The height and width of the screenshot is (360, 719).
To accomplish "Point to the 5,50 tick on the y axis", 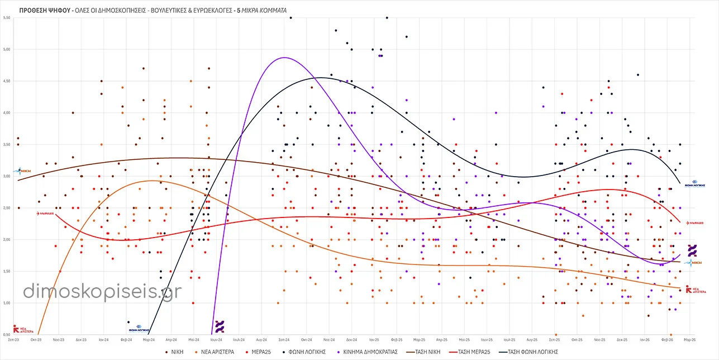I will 7,18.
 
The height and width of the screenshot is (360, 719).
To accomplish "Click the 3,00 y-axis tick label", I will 7,177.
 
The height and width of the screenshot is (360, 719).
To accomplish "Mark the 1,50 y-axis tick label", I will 7,272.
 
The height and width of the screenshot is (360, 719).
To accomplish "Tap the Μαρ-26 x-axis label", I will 689,339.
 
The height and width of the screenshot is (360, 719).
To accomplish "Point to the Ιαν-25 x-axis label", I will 372,339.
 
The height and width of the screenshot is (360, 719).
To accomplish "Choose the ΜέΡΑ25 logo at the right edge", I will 696,222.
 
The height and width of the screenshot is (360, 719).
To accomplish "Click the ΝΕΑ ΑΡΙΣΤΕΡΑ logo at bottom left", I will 20,329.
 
